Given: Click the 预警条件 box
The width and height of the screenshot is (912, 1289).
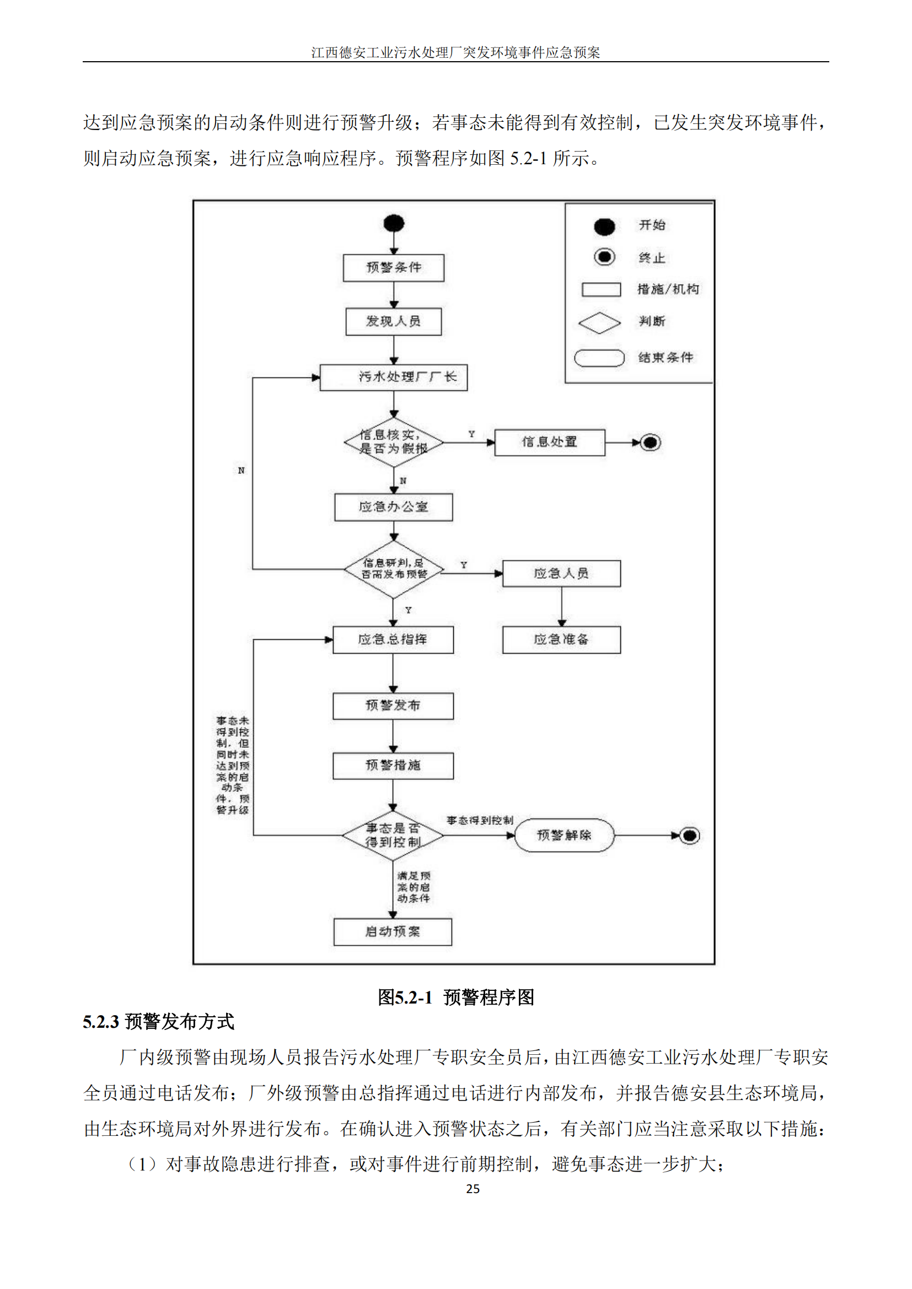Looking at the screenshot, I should [x=393, y=268].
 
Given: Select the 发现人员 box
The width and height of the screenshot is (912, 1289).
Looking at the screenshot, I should [x=393, y=322].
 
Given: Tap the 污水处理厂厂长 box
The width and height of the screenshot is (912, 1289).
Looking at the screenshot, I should [x=393, y=377].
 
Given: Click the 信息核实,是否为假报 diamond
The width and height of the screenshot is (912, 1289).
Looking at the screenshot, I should [x=394, y=443].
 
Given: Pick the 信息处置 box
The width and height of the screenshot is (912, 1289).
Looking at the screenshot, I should [x=549, y=443].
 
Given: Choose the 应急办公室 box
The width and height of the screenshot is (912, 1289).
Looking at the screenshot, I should [x=393, y=508].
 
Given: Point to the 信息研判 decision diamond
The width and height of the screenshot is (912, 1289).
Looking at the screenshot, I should [x=394, y=569].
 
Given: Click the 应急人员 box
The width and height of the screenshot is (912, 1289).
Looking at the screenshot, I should [x=561, y=574].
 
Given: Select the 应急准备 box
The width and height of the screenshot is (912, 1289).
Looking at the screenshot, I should [x=561, y=640].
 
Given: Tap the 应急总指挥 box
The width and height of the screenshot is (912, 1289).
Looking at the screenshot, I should [x=393, y=640].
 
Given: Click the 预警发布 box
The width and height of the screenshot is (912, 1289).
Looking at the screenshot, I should [x=393, y=706].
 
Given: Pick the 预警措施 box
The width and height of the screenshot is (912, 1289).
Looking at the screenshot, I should [x=393, y=766].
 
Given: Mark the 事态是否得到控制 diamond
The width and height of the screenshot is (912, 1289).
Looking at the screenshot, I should [x=393, y=835].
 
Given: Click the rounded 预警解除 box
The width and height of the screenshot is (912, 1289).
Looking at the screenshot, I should [x=564, y=835].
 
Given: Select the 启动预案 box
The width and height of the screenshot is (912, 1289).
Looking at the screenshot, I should [x=393, y=932].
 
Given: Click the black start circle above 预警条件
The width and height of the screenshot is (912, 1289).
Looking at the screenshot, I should [x=394, y=223].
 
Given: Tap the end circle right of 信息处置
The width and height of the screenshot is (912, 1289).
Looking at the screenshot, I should [x=650, y=443].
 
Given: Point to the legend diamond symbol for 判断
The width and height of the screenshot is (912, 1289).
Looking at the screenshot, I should [x=599, y=323].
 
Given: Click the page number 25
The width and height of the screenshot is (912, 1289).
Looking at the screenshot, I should [x=473, y=1189].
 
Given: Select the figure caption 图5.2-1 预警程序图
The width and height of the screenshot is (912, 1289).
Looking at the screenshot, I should [x=455, y=997].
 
